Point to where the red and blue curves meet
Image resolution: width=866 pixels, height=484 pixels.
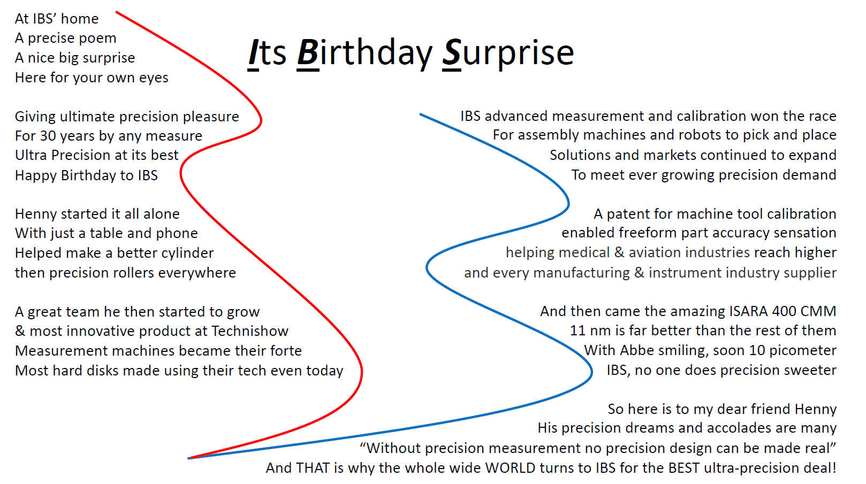[189, 458]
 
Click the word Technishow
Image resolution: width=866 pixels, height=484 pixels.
[250, 331]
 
